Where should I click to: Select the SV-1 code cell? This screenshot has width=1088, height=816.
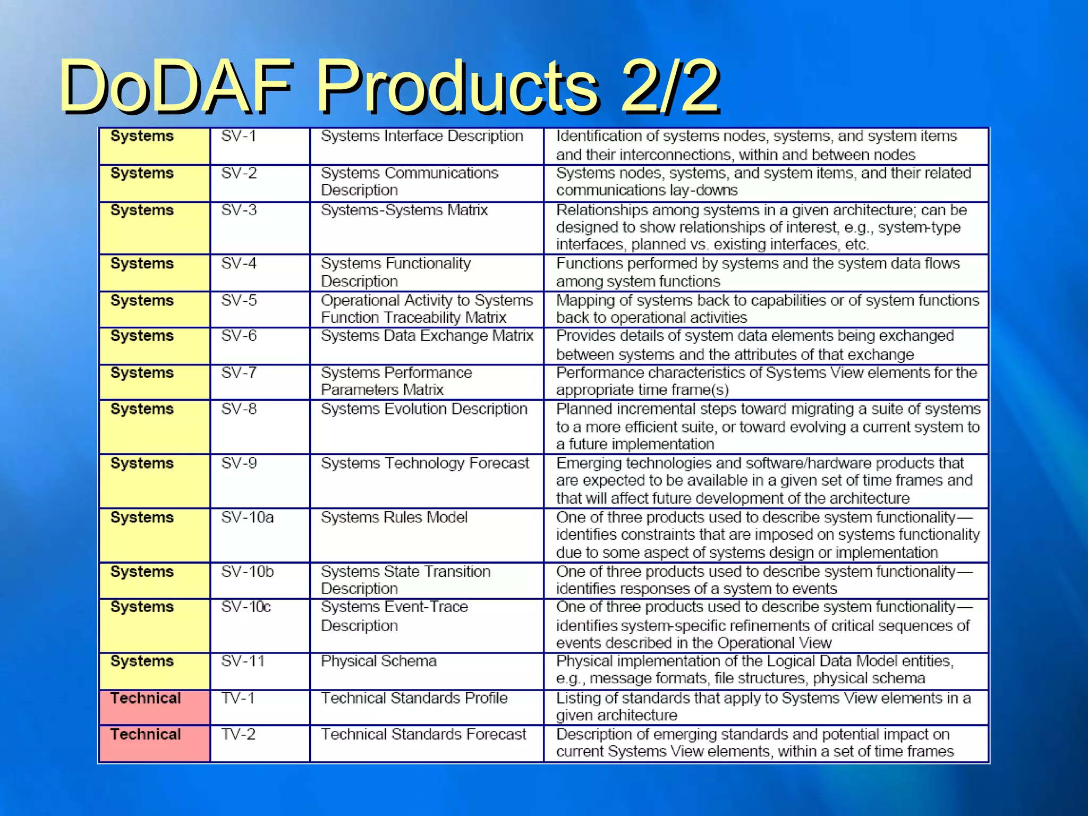click(239, 137)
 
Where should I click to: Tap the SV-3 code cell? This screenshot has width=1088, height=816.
click(239, 210)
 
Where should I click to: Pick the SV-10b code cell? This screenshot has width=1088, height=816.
click(247, 572)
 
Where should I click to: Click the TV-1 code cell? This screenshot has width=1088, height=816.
click(237, 698)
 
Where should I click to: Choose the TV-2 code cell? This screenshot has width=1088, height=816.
click(238, 734)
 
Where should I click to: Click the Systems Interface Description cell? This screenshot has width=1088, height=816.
click(422, 137)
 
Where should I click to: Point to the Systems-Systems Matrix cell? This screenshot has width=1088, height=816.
click(404, 210)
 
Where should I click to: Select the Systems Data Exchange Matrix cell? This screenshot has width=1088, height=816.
click(427, 336)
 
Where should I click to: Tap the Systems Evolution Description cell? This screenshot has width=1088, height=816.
click(424, 409)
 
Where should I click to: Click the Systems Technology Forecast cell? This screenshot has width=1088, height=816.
click(424, 463)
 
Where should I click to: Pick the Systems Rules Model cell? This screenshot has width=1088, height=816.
click(394, 517)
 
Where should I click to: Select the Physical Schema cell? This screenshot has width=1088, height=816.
click(378, 661)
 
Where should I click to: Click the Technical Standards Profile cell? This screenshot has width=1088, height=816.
click(414, 698)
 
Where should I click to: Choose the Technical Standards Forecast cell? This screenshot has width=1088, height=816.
click(423, 734)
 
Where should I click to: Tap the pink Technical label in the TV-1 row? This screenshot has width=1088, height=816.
click(146, 698)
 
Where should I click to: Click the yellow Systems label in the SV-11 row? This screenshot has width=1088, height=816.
click(142, 661)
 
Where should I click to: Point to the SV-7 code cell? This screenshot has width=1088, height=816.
click(239, 373)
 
